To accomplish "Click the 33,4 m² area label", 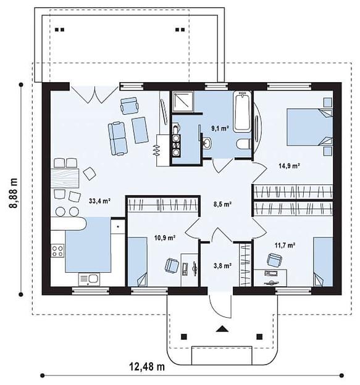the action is pyautogui.click(x=99, y=201).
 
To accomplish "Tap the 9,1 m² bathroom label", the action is pyautogui.click(x=220, y=128).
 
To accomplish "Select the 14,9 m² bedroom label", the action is pyautogui.click(x=289, y=166).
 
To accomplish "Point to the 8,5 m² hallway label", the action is pyautogui.click(x=223, y=204).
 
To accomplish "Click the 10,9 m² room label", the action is pyautogui.click(x=165, y=238).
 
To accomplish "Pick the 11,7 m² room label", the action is pyautogui.click(x=285, y=245).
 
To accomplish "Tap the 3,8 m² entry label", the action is pyautogui.click(x=223, y=265).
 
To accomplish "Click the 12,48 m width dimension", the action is pyautogui.click(x=147, y=367).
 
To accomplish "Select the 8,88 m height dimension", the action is pyautogui.click(x=13, y=193).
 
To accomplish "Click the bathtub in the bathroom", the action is pyautogui.click(x=243, y=112).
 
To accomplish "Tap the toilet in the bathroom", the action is pyautogui.click(x=244, y=144).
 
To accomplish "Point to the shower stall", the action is pyautogui.click(x=182, y=101).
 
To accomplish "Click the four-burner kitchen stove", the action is pyautogui.click(x=57, y=250).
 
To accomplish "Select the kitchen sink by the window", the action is pyautogui.click(x=89, y=279).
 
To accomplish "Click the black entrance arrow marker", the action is pyautogui.click(x=222, y=329).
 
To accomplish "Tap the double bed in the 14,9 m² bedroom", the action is pyautogui.click(x=310, y=127).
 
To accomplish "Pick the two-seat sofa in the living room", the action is pyautogui.click(x=118, y=138).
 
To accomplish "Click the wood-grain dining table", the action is pyautogui.click(x=65, y=178).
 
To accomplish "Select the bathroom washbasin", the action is pyautogui.click(x=207, y=143).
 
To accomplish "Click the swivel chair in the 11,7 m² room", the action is pyautogui.click(x=274, y=260).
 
